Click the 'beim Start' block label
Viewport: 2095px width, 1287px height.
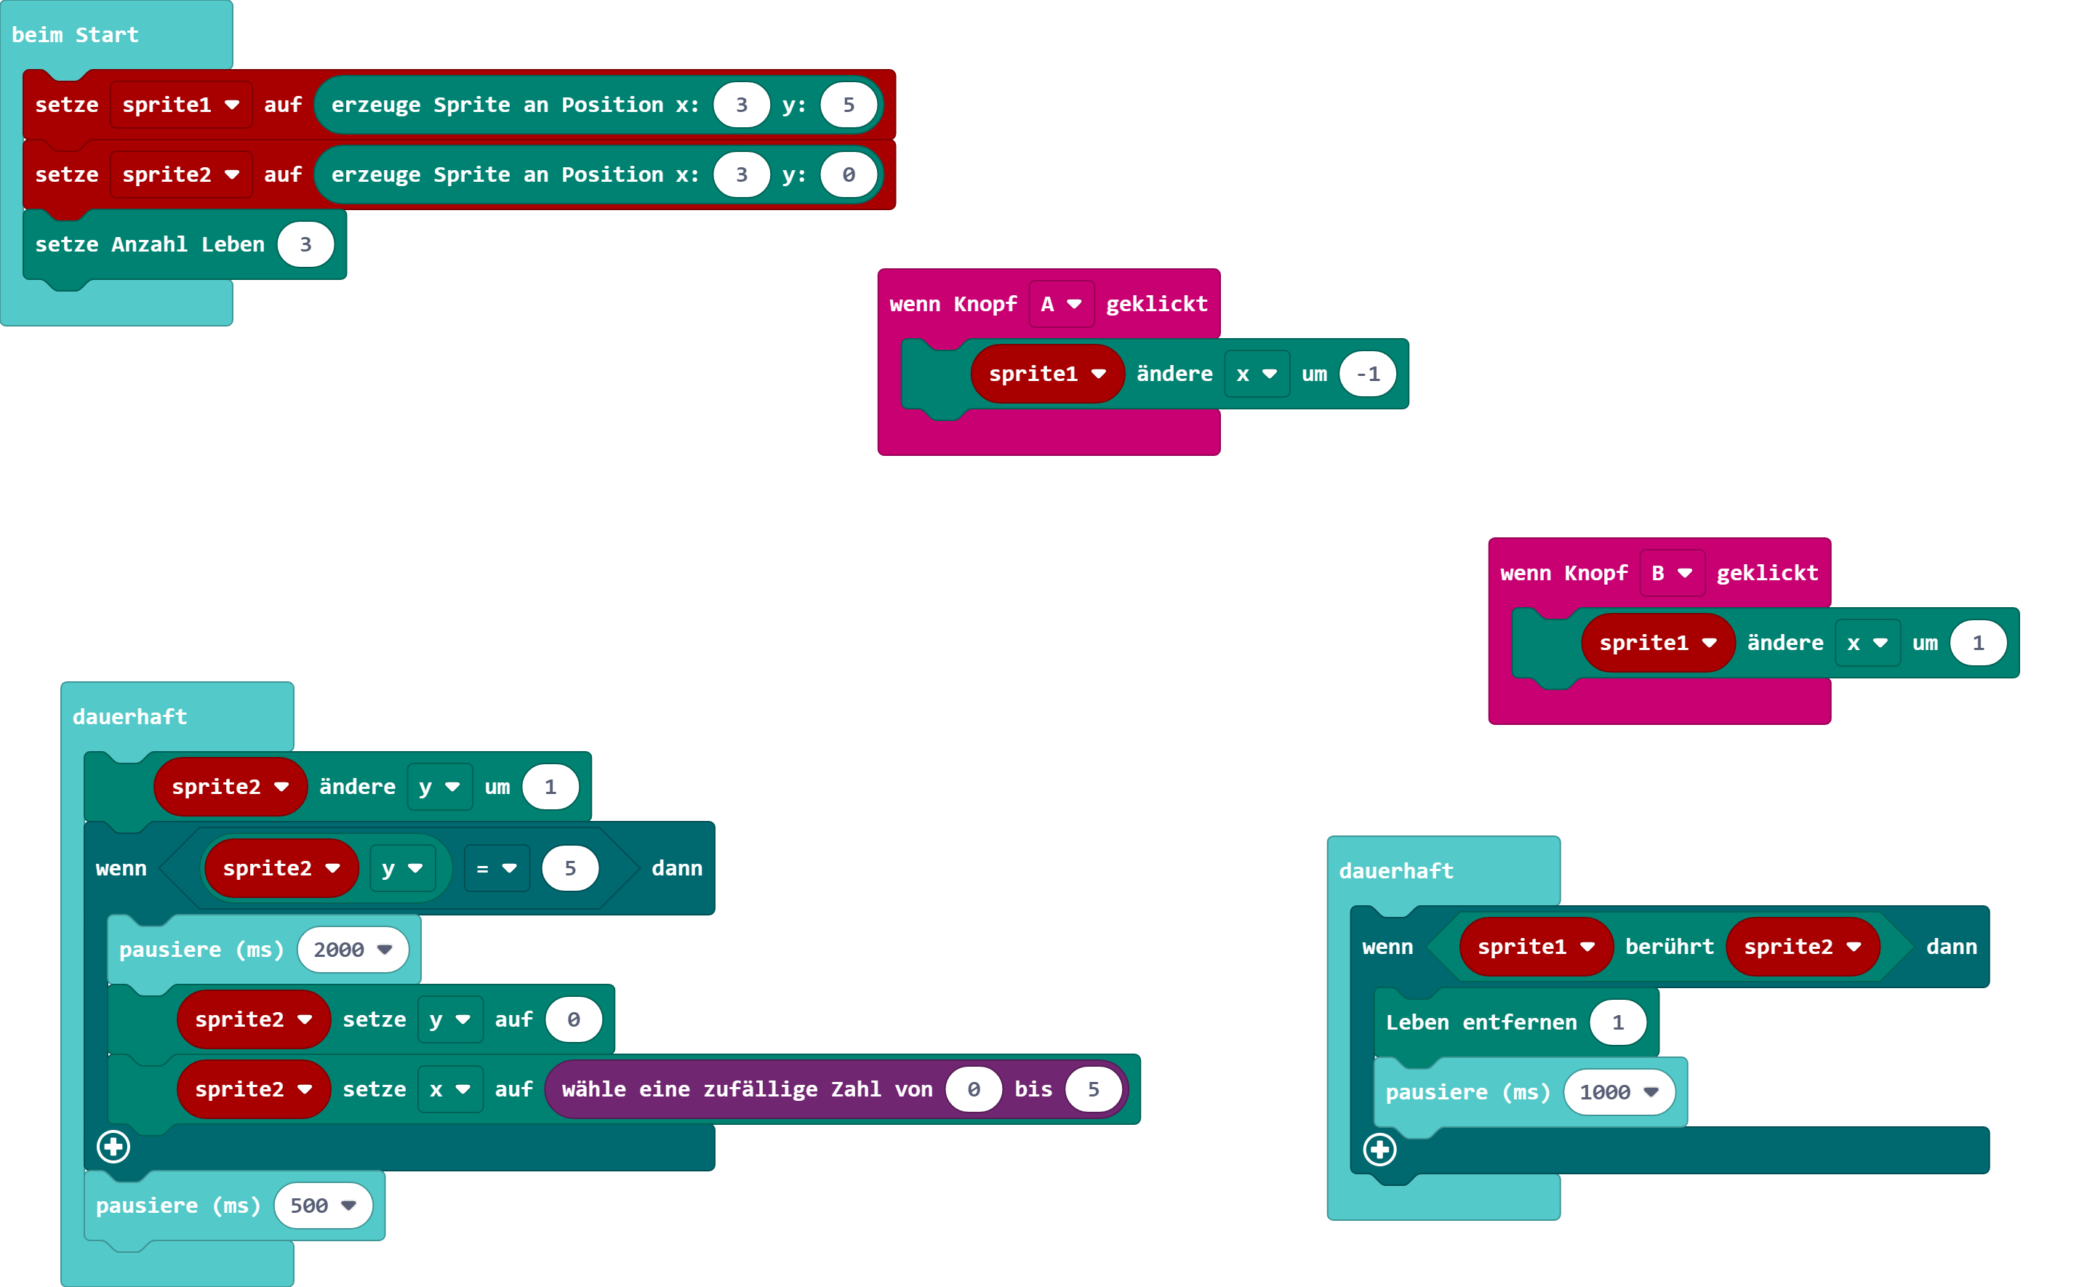click(x=75, y=35)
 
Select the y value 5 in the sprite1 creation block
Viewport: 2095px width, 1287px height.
click(x=848, y=105)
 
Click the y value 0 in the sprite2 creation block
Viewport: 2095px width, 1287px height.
click(x=848, y=175)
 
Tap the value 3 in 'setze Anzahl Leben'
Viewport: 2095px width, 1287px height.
click(x=305, y=244)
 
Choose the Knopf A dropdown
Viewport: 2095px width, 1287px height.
click(x=1061, y=304)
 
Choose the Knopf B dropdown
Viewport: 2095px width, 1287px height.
click(x=1671, y=573)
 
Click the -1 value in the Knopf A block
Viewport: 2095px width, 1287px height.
click(x=1367, y=374)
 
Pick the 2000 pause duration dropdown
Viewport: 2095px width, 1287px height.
click(x=353, y=949)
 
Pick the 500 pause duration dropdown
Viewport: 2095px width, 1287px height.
click(x=323, y=1206)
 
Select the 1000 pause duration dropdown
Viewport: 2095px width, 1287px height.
click(x=1618, y=1092)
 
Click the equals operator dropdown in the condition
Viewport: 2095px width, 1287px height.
click(x=496, y=868)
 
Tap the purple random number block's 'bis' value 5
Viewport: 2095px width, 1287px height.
click(x=1093, y=1088)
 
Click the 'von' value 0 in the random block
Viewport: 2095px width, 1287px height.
click(x=973, y=1088)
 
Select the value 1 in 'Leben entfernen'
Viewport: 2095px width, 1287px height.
click(x=1617, y=1022)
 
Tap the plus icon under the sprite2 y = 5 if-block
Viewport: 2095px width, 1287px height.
click(x=113, y=1147)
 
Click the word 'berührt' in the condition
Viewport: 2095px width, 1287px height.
click(x=1668, y=947)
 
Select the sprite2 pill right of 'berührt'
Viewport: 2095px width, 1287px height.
click(x=1801, y=947)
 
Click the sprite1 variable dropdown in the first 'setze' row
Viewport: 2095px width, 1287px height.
click(x=180, y=105)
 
